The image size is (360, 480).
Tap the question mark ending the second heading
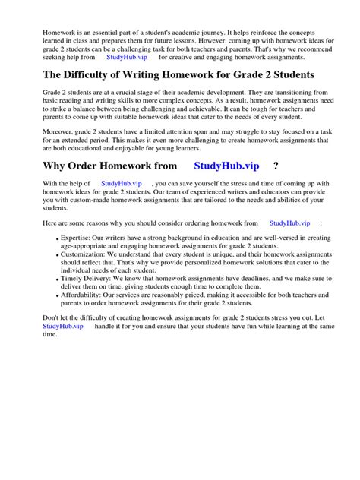(275, 166)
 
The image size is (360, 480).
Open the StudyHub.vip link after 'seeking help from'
(127, 57)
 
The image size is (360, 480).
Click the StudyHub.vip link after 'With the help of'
(122, 184)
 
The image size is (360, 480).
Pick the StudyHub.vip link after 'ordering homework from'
(289, 223)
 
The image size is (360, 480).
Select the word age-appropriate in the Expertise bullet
(78, 247)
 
